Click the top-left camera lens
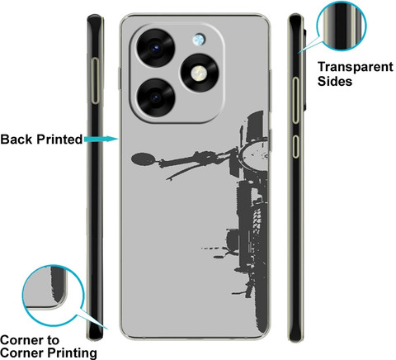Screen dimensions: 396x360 click(x=155, y=48)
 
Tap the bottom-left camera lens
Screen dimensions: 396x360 click(x=155, y=97)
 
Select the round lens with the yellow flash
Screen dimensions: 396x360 click(x=200, y=73)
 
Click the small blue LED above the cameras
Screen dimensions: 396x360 click(x=199, y=40)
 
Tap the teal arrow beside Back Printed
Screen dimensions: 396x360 click(x=101, y=139)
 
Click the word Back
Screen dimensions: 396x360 click(x=16, y=140)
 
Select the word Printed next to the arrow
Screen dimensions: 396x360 click(x=59, y=140)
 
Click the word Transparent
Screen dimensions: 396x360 click(x=356, y=67)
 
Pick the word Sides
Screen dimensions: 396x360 click(x=335, y=81)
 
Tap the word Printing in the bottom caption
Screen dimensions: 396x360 click(x=72, y=353)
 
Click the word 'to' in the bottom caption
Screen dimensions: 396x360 click(x=53, y=340)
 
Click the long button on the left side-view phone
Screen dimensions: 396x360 click(x=96, y=81)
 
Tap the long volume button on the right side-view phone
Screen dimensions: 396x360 click(x=295, y=100)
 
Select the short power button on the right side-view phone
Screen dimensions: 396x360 click(x=295, y=146)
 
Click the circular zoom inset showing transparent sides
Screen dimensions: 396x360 click(x=342, y=26)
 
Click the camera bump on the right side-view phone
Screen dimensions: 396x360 click(x=304, y=69)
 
